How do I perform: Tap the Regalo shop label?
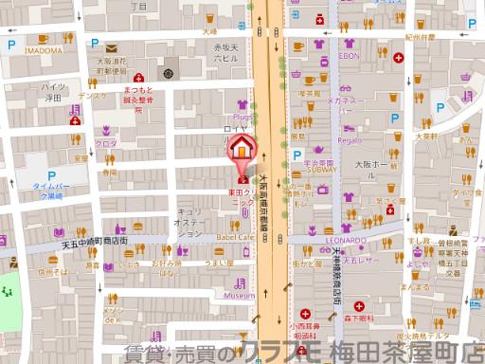click(349, 139)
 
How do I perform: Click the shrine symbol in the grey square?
click(169, 72)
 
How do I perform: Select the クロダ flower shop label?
click(106, 143)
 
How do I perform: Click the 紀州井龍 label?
click(421, 37)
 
